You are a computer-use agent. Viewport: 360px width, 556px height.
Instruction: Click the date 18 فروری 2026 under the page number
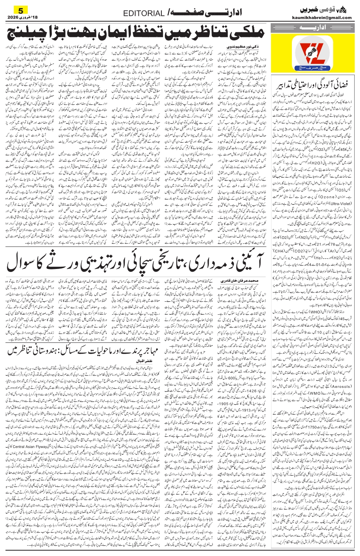(x=23, y=17)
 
